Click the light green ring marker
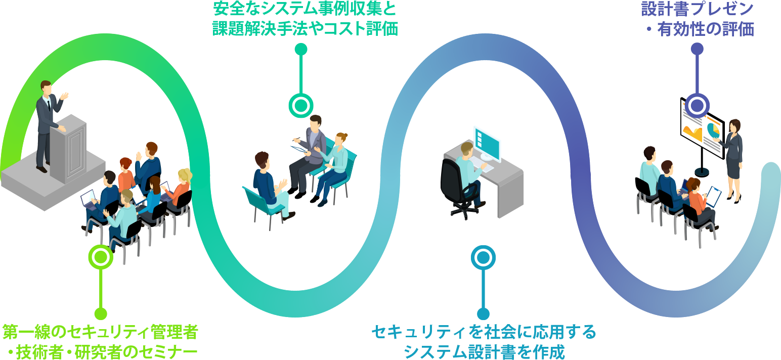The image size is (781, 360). coord(101,257)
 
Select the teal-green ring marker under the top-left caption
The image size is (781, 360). coord(301,106)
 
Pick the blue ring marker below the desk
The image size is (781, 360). coord(483,257)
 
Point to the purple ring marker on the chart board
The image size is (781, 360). coord(697,106)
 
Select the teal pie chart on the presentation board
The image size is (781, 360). coord(713,129)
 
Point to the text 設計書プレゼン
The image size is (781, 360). coord(697,9)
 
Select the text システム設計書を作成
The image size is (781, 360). coord(484,351)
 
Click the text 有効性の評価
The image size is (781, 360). coord(706,29)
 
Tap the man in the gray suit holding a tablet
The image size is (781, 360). coord(310,147)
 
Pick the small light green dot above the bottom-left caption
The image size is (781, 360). coord(101,313)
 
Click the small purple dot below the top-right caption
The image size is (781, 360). coord(697,49)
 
